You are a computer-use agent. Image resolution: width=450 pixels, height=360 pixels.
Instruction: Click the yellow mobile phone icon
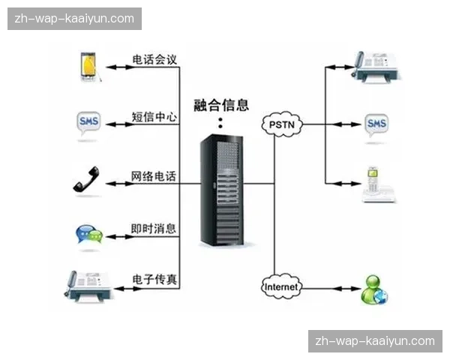(88, 67)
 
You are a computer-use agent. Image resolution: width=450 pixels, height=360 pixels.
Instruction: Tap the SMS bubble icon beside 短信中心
(89, 123)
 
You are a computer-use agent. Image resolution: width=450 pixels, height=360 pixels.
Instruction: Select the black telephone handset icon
(87, 181)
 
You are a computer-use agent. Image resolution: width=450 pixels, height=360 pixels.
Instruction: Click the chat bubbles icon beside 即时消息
(88, 235)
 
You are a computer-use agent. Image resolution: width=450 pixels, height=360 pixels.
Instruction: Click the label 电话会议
(154, 59)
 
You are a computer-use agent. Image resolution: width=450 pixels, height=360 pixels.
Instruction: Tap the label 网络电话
(154, 176)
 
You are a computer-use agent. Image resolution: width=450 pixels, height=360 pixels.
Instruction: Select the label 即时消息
(154, 229)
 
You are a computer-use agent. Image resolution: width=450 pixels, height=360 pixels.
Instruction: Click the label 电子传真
(154, 279)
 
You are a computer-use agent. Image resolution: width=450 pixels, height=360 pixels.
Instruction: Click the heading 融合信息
(221, 105)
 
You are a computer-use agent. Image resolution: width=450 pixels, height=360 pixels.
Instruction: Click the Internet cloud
(282, 286)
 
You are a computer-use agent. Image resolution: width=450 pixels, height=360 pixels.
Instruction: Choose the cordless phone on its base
(376, 184)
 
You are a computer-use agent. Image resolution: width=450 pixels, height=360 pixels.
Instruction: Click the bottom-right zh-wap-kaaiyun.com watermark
(375, 341)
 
